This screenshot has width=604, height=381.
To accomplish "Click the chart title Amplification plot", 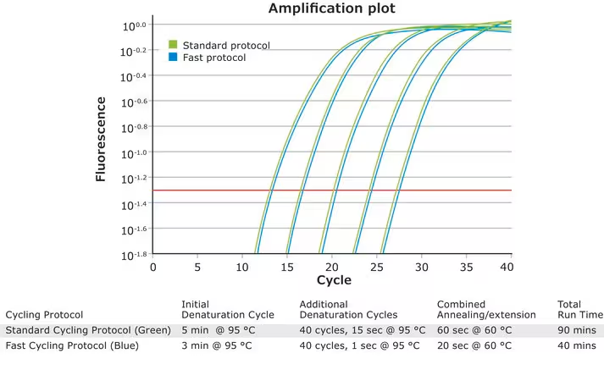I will (x=331, y=9).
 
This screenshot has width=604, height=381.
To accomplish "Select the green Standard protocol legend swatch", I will (x=173, y=44).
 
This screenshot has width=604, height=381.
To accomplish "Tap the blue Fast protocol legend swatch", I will (x=173, y=58).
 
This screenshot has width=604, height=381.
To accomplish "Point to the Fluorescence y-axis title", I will (x=101, y=139).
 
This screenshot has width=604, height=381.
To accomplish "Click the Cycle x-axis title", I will (x=333, y=280).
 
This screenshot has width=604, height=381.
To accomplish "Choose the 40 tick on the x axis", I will (x=507, y=267).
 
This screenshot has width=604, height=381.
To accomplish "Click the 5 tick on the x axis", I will (x=197, y=267).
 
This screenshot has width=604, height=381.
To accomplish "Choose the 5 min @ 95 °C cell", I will (x=217, y=330).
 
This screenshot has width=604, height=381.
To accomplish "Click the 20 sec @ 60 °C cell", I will (x=474, y=346).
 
